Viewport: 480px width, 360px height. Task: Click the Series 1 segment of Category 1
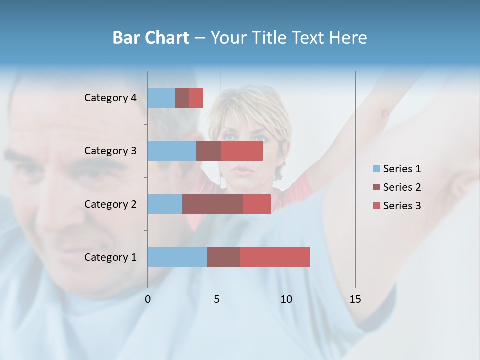(177, 257)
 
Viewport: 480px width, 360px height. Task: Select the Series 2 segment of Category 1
(224, 257)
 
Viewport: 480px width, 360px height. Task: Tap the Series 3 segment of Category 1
(275, 257)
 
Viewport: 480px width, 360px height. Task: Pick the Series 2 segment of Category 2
(213, 204)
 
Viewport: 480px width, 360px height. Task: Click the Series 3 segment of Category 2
(257, 204)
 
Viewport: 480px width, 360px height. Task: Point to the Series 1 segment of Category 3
(172, 151)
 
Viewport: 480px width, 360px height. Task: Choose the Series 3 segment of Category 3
(242, 151)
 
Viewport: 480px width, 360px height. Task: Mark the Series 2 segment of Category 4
(182, 98)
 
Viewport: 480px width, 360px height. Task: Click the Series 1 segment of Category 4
(161, 98)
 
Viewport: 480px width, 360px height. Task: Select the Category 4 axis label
(110, 98)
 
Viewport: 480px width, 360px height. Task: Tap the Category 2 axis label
(110, 204)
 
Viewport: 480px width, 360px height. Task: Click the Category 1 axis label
(110, 257)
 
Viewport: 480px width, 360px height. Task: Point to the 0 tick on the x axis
(148, 299)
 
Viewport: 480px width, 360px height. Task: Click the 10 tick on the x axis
(286, 299)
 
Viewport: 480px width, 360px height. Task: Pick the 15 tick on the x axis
(355, 299)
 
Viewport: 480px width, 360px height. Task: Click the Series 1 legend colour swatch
(377, 169)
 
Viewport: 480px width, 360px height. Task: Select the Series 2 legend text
(402, 187)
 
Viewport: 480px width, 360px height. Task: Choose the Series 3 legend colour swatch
(377, 206)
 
